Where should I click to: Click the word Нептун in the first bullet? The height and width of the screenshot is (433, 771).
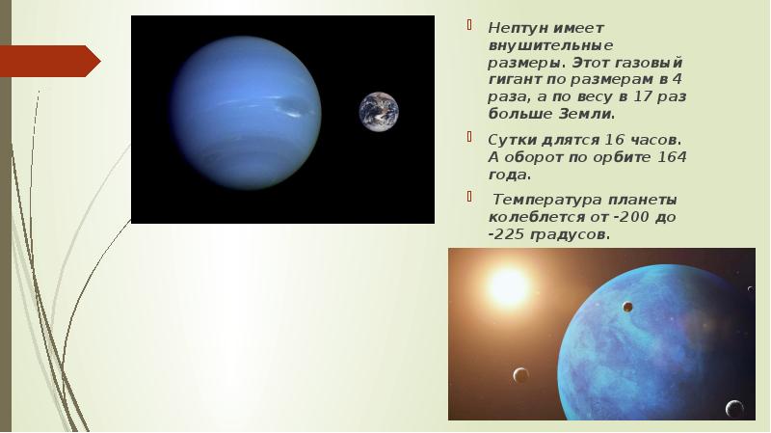[x=518, y=28]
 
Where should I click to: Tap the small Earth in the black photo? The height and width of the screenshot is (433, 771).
[x=379, y=112]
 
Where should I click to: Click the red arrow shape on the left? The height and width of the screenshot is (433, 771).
[x=50, y=61]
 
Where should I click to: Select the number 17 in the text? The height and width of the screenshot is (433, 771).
[x=642, y=96]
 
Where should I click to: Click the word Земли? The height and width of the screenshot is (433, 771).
[x=585, y=114]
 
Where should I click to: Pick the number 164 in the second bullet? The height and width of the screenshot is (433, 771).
[x=672, y=157]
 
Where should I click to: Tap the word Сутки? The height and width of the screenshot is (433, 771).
[x=512, y=140]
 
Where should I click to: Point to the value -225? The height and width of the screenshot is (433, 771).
[x=507, y=234]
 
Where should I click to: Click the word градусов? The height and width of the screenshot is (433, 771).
[x=568, y=235]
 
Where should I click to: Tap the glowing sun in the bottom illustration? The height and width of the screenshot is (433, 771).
[x=509, y=286]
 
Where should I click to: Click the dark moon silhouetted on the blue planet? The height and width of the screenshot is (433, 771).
[x=627, y=307]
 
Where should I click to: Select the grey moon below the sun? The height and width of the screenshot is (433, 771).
[x=520, y=375]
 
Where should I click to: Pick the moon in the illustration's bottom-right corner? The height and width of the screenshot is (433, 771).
[x=734, y=408]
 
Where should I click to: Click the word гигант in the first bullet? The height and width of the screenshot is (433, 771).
[x=515, y=80]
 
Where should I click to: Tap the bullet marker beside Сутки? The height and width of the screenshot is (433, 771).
[x=469, y=137]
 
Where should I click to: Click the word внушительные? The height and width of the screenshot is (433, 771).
[x=550, y=45]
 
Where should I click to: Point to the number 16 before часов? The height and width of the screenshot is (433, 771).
[x=614, y=140]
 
